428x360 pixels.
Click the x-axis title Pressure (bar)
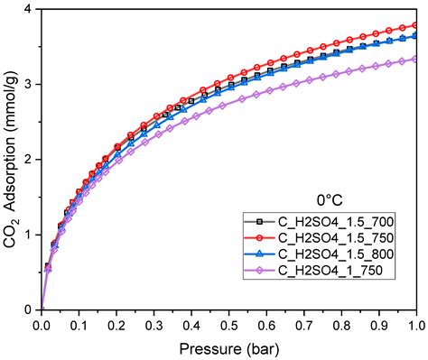tap(229, 347)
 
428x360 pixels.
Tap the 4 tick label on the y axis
tap(30, 9)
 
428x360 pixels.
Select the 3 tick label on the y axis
tap(30, 84)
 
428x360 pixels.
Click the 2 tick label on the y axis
tap(30, 160)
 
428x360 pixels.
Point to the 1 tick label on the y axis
tap(30, 235)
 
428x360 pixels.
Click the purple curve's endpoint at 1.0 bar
tap(416, 59)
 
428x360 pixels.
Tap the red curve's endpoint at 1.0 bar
tap(416, 25)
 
